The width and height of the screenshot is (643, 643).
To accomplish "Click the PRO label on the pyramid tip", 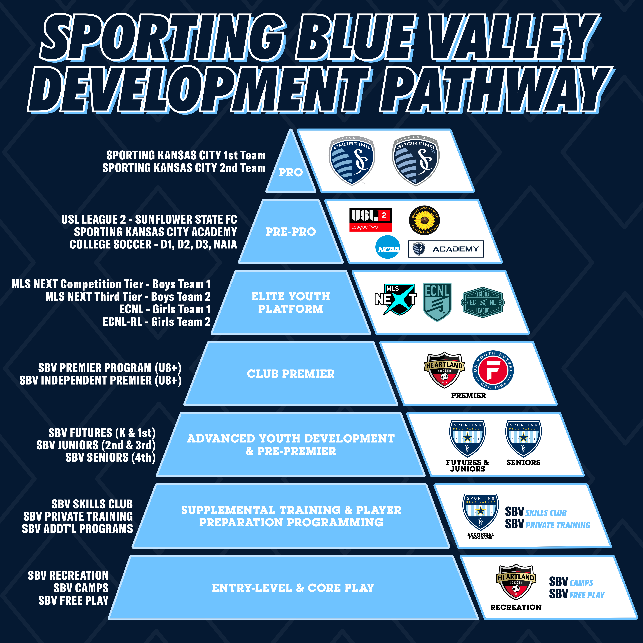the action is tap(291, 172).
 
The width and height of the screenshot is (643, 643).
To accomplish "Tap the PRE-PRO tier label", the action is tap(291, 232).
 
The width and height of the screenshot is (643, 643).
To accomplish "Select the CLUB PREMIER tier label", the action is tap(291, 374).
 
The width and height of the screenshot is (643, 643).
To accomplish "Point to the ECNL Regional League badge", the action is tap(483, 302).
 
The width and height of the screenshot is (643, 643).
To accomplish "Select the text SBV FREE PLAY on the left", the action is tap(74, 600).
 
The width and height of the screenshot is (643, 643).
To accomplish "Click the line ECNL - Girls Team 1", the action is tap(165, 309).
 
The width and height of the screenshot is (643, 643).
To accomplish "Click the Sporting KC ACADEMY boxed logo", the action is tap(446, 249).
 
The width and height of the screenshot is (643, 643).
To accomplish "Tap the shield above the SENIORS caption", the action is tap(524, 438).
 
